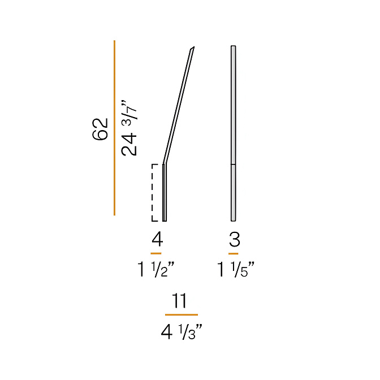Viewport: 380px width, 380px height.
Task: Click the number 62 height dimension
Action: pyautogui.click(x=100, y=129)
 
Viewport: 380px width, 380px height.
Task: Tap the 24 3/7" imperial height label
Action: pyautogui.click(x=129, y=128)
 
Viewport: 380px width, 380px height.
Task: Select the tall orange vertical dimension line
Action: pyautogui.click(x=114, y=128)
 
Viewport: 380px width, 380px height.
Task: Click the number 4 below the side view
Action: pyautogui.click(x=157, y=239)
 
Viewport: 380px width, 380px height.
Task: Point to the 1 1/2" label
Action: pyautogui.click(x=156, y=270)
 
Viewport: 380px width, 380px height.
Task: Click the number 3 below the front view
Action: pyautogui.click(x=235, y=239)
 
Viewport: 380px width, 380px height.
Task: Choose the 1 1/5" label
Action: pyautogui.click(x=235, y=270)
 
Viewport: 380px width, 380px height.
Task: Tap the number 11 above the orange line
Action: pyautogui.click(x=180, y=300)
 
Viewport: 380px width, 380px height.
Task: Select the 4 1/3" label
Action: pyautogui.click(x=182, y=332)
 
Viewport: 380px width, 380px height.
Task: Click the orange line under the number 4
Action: pyautogui.click(x=156, y=253)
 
